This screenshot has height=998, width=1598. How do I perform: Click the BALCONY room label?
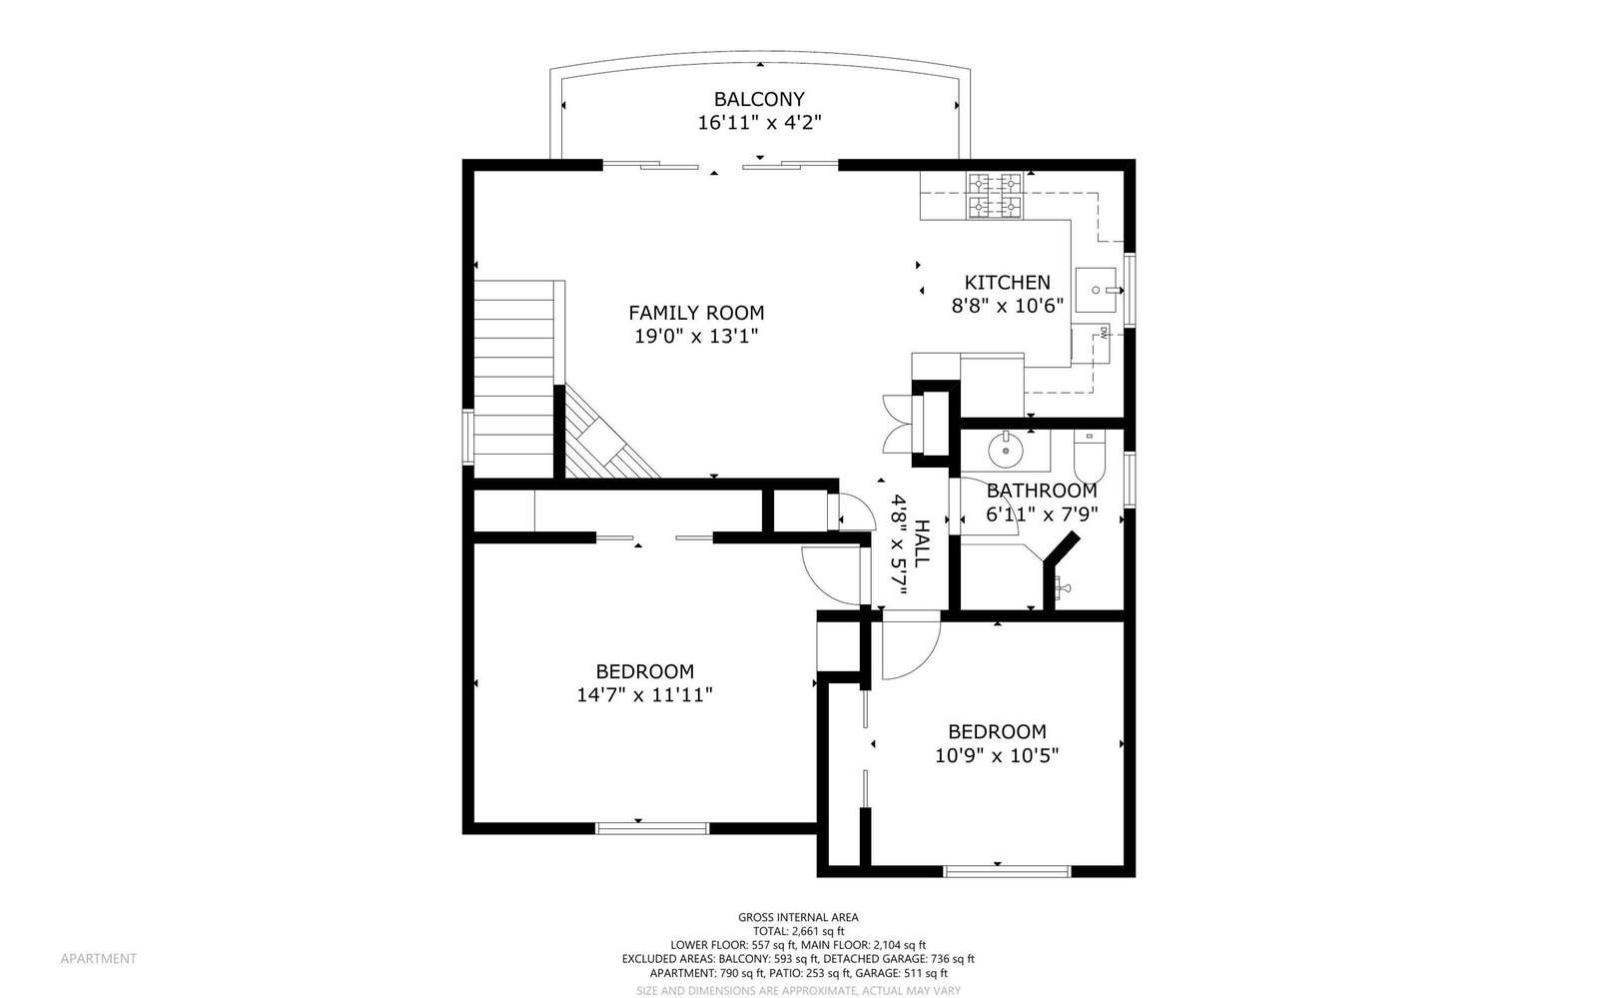tap(759, 99)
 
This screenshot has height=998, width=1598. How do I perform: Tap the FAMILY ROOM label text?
tap(696, 313)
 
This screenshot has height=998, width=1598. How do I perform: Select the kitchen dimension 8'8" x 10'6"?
tap(1008, 306)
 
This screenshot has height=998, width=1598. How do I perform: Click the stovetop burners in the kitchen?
tap(995, 196)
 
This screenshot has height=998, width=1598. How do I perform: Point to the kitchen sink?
tap(1097, 290)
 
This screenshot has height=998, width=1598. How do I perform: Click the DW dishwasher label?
tap(1103, 332)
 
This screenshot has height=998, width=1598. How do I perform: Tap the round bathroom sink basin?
tap(1006, 451)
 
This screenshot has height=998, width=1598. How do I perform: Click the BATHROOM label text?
tap(1042, 491)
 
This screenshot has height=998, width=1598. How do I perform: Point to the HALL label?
tap(922, 542)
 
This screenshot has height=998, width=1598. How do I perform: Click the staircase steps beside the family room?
tap(513, 379)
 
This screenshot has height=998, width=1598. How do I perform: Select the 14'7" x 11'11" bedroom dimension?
tap(645, 694)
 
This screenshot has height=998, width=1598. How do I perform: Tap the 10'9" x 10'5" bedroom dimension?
tap(997, 754)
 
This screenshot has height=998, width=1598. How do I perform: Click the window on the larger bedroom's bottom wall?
tap(652, 828)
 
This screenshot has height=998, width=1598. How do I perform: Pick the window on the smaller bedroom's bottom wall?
tap(1007, 871)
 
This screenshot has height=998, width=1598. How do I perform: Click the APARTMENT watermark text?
tap(99, 959)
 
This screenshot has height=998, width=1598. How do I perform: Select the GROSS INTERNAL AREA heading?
tap(798, 917)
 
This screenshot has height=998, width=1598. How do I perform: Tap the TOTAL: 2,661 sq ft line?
tap(798, 931)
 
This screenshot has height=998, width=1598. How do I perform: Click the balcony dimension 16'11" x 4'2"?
tap(759, 123)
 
